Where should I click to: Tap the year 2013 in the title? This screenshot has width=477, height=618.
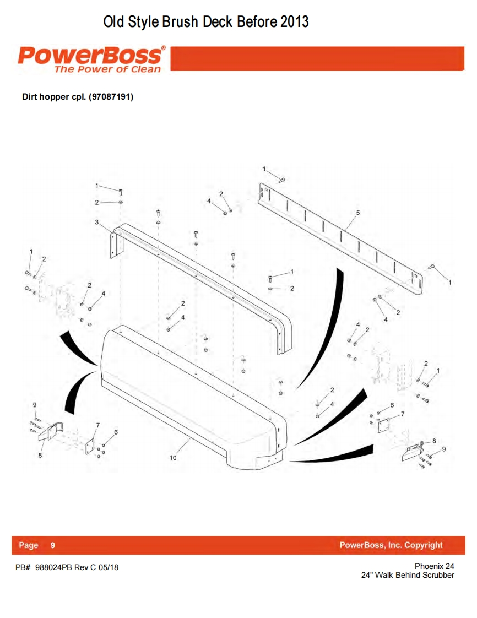[x=294, y=21]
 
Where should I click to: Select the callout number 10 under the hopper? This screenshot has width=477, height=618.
[x=173, y=458]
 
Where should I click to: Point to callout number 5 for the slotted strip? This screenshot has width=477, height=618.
[x=358, y=213]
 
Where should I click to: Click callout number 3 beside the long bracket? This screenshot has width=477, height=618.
[x=96, y=223]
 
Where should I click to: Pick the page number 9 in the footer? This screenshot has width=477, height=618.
[x=53, y=545]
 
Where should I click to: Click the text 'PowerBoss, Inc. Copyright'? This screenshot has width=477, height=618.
[x=391, y=545]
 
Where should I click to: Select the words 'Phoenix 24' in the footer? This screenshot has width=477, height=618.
[x=435, y=566]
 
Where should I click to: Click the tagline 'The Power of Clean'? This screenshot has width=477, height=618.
[x=107, y=69]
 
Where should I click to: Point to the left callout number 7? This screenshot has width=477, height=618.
[x=98, y=425]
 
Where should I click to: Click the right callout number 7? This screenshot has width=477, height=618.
[x=403, y=414]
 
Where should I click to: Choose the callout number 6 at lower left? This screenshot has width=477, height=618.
[x=116, y=432]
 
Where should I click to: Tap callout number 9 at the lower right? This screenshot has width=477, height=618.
[x=444, y=449]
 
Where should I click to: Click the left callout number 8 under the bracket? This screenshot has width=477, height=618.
[x=40, y=455]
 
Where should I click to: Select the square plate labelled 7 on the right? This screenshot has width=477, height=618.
[x=384, y=425]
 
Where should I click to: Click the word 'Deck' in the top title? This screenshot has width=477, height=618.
[x=218, y=21]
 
